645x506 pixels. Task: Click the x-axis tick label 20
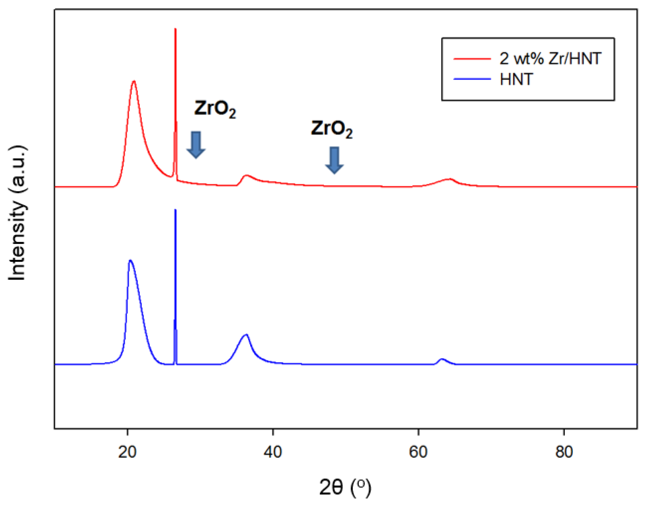(127, 452)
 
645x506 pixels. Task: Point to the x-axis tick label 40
(273, 452)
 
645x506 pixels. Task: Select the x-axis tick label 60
(418, 452)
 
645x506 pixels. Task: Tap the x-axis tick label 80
(564, 452)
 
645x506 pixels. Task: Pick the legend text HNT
(516, 79)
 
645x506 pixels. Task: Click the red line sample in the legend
(472, 58)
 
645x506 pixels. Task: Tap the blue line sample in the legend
(472, 79)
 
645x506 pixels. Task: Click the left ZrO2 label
(215, 109)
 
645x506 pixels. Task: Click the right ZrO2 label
(332, 129)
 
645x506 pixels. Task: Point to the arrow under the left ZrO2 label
(196, 145)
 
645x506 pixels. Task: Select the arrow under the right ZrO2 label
(334, 160)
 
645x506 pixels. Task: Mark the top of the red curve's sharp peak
(176, 29)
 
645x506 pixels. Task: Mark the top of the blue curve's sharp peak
(175, 210)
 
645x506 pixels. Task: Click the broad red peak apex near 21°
(134, 81)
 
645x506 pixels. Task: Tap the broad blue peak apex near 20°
(130, 260)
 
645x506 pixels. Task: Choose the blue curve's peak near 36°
(246, 335)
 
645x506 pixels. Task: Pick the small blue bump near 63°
(442, 359)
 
